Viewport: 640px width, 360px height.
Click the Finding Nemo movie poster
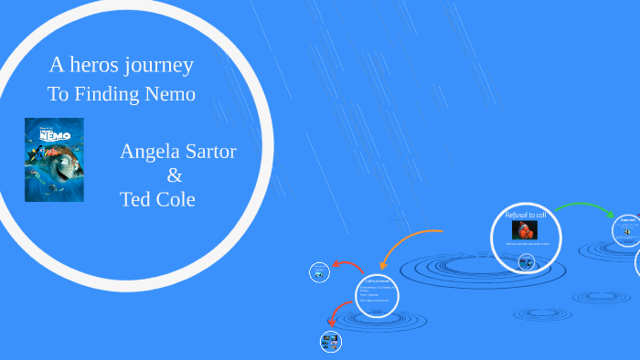54,160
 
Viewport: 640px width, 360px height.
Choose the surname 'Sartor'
212,152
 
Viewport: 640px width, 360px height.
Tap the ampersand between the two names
175,175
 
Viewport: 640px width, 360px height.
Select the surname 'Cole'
176,199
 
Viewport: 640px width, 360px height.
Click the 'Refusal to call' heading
526,216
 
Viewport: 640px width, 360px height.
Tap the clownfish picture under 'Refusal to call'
525,230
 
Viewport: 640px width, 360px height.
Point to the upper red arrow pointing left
348,265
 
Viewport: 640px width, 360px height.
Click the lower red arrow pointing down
336,314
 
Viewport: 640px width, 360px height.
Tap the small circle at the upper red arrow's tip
319,271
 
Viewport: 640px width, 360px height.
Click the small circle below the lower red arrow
331,343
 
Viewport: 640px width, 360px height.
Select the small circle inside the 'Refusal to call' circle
527,262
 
